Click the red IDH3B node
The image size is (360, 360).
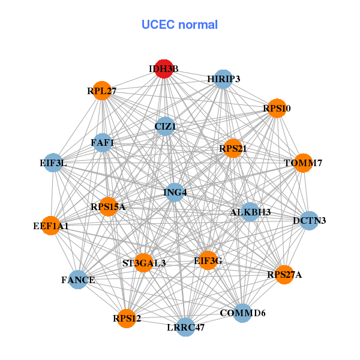click(x=164, y=68)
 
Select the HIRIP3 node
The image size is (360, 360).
click(x=223, y=79)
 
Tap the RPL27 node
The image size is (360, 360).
click(x=101, y=91)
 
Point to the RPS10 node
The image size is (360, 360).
click(x=277, y=109)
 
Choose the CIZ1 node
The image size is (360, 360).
click(x=165, y=127)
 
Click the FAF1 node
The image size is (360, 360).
click(x=103, y=143)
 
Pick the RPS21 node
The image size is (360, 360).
click(x=232, y=148)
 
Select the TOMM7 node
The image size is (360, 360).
click(x=303, y=163)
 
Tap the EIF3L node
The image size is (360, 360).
click(x=53, y=163)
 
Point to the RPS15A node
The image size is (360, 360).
click(x=109, y=207)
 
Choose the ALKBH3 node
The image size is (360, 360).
click(x=250, y=212)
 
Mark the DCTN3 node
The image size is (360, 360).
click(x=309, y=221)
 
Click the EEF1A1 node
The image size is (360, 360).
click(x=51, y=226)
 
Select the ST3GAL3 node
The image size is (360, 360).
click(x=144, y=263)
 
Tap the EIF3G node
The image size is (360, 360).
click(x=208, y=260)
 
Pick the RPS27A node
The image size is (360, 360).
click(x=284, y=275)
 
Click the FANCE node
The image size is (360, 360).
click(x=78, y=280)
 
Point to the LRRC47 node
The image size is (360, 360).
click(x=185, y=328)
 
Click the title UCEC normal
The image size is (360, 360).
click(x=179, y=25)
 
